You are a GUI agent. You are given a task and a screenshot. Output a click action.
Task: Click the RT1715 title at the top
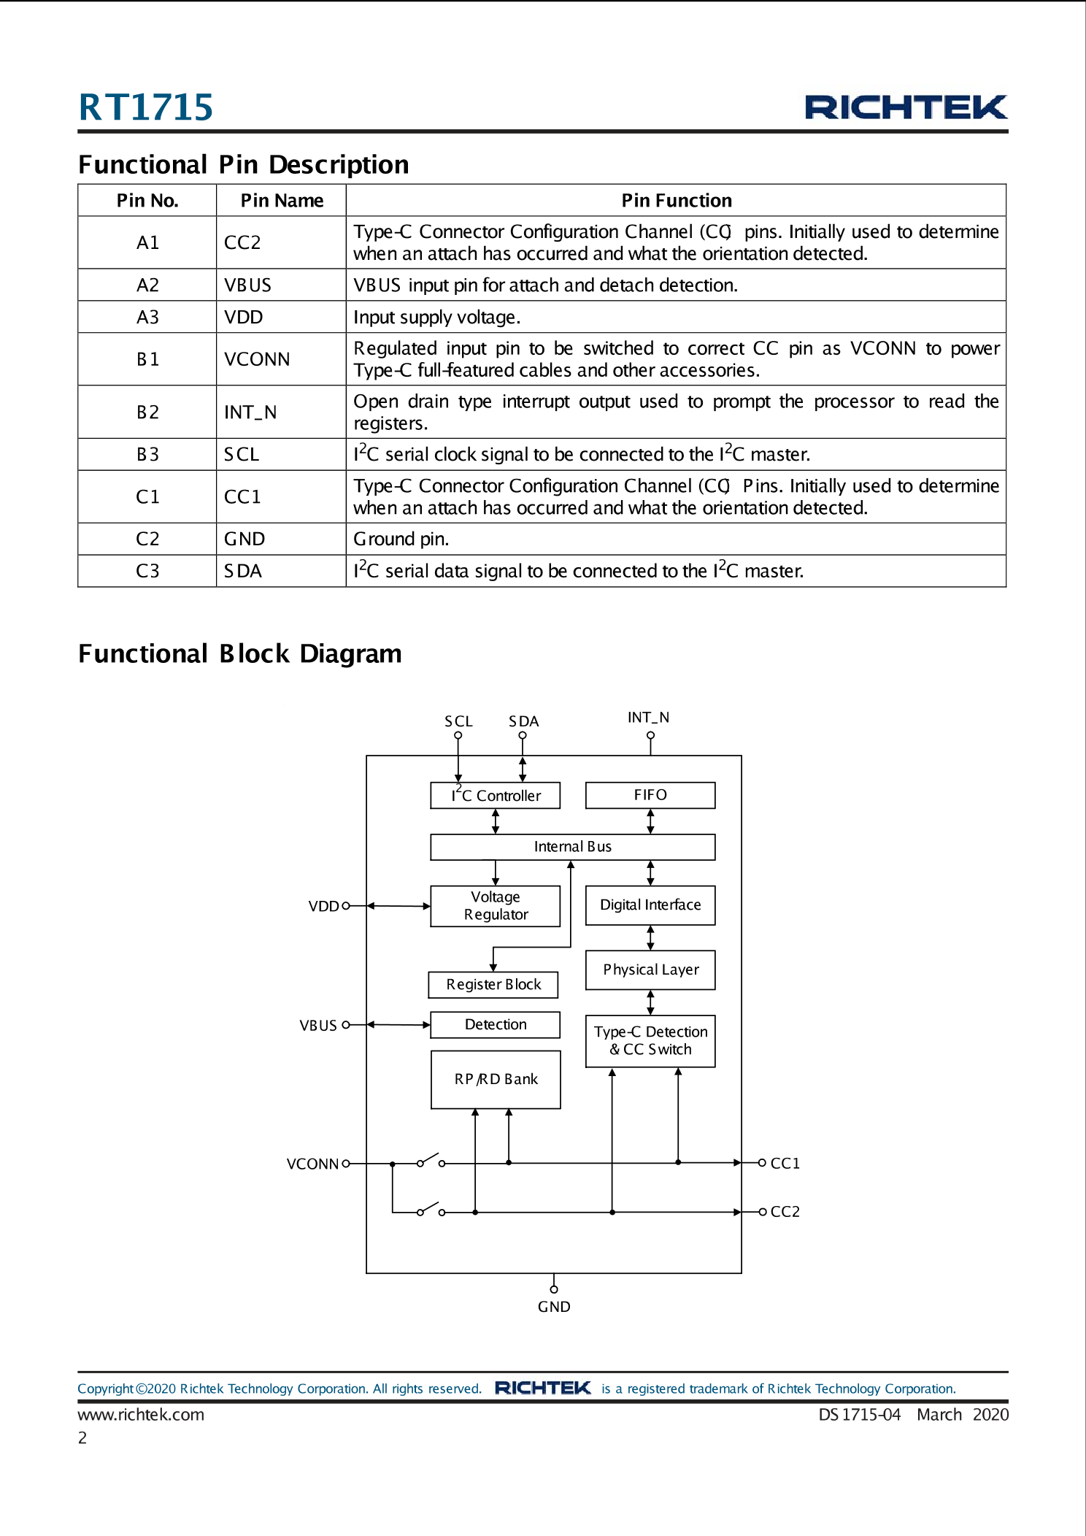[145, 107]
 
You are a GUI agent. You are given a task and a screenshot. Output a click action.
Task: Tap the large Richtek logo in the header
[905, 107]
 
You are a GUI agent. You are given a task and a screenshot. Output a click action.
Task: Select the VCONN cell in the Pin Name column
[257, 359]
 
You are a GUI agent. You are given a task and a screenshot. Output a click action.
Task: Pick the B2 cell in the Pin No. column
[147, 412]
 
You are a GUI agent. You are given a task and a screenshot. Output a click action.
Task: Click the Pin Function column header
[676, 201]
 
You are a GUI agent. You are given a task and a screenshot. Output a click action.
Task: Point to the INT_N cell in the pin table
[250, 412]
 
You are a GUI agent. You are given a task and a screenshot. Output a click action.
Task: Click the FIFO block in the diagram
[650, 795]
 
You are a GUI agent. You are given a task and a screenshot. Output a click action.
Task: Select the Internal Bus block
[572, 847]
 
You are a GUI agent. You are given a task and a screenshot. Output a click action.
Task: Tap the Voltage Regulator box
[495, 906]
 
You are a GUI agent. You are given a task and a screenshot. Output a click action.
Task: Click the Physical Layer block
[650, 969]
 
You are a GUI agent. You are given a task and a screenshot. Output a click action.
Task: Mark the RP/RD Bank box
[496, 1079]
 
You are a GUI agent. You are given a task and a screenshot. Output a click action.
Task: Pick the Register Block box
[493, 985]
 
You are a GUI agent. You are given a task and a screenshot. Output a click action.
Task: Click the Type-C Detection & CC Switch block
[650, 1041]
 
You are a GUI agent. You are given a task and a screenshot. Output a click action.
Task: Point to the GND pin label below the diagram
[554, 1307]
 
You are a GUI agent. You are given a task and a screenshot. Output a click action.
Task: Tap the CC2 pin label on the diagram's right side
[785, 1212]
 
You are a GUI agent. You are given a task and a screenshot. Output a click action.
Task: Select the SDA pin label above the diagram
[523, 721]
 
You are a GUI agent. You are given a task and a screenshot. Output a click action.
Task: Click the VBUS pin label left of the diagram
[318, 1026]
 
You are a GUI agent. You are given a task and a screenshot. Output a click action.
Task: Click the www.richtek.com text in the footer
[141, 1415]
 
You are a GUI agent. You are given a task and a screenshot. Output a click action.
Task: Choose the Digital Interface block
[650, 905]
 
